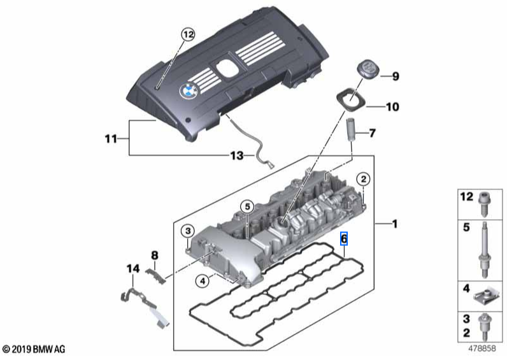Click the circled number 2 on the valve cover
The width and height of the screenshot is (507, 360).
click(x=362, y=179)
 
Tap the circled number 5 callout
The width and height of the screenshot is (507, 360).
click(x=247, y=206)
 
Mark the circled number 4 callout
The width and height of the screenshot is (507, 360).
click(x=202, y=279)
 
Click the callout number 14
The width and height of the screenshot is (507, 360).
click(x=132, y=270)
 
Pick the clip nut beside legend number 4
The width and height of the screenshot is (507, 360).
click(x=483, y=294)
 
